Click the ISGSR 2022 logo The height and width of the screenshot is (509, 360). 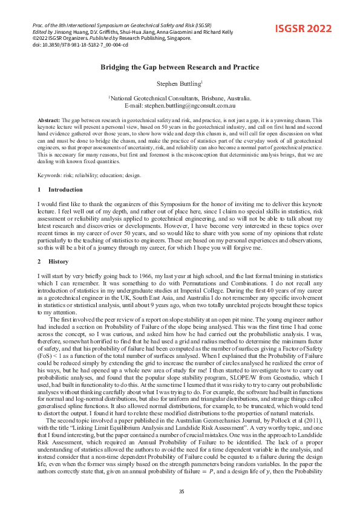point(304,28)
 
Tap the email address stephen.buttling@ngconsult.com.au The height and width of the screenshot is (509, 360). point(188,105)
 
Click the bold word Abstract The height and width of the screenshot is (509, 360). point(48,121)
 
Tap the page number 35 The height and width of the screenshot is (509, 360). point(180,491)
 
